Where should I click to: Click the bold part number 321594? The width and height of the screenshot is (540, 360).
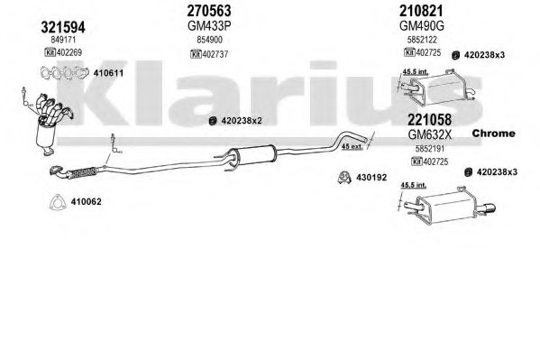click(x=63, y=27)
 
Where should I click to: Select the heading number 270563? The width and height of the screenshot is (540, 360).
click(x=209, y=11)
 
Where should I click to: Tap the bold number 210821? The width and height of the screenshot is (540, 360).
click(x=421, y=11)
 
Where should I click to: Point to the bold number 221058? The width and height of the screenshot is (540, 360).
click(x=429, y=120)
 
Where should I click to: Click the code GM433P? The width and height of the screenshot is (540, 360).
click(x=209, y=26)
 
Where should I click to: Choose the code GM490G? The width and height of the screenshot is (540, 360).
click(x=422, y=26)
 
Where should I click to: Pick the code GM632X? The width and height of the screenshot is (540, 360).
click(x=429, y=134)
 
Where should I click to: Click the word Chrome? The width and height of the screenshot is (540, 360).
click(x=493, y=134)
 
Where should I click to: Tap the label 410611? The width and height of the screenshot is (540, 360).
click(x=108, y=73)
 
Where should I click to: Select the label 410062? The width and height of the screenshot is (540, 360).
click(x=87, y=202)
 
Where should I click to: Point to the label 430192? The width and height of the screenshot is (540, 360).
click(x=371, y=178)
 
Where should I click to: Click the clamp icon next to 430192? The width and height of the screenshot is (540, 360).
click(x=344, y=177)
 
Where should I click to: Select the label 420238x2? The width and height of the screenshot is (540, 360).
click(x=242, y=121)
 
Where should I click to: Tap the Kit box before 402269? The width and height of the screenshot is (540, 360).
click(x=50, y=52)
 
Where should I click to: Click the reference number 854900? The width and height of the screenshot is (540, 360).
click(x=209, y=40)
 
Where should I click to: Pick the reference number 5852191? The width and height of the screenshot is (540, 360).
click(x=430, y=149)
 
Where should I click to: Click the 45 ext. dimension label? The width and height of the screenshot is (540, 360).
click(x=352, y=146)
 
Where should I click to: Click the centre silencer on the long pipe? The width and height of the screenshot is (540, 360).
click(x=252, y=156)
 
